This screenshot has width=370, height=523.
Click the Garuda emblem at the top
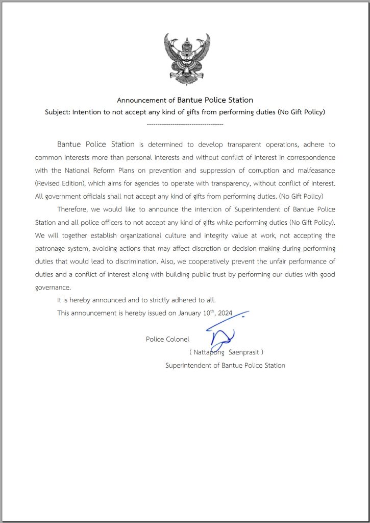pyautogui.click(x=187, y=59)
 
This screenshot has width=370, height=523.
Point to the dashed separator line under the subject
pyautogui.click(x=185, y=125)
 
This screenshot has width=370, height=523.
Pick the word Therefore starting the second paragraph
pyautogui.click(x=72, y=209)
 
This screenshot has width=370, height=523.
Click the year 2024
pyautogui.click(x=225, y=313)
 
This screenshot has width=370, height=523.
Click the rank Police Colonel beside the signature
pyautogui.click(x=167, y=339)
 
